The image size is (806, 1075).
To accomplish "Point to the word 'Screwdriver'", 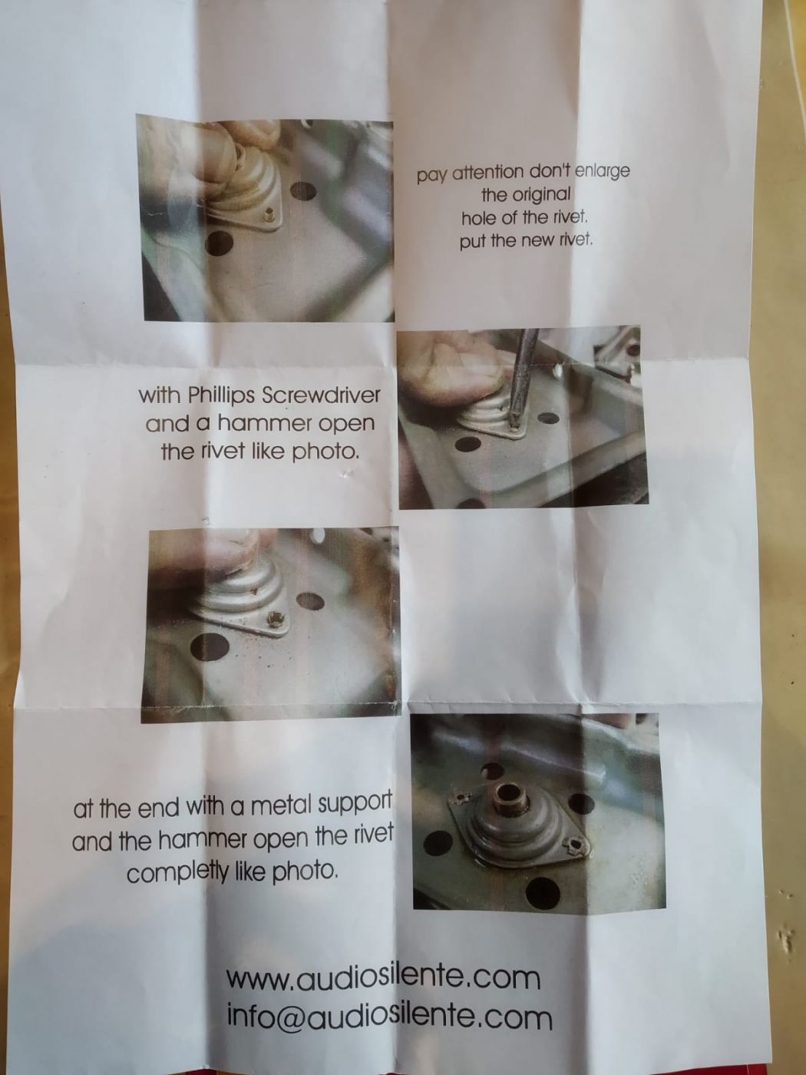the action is (x=321, y=395).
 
